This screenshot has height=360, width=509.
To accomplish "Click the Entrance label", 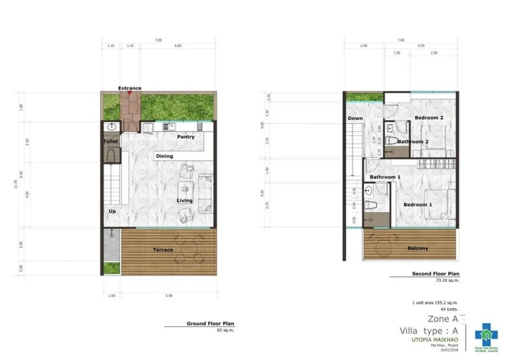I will pos(130,88).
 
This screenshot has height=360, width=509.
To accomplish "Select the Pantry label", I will pos(186,137).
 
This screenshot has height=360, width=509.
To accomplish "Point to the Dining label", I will pos(164,156).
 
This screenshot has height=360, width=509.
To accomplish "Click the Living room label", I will pos(185,201).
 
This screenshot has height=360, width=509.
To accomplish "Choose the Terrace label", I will pos(163,250).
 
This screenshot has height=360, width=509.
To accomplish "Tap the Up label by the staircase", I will pos(113,211).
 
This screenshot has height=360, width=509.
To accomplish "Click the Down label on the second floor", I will pos(355,118).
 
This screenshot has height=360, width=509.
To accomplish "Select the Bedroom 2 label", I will pos(428,118).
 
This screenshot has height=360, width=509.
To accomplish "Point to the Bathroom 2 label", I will pos(413,142).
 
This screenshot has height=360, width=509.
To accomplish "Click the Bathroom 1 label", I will pos(386,177).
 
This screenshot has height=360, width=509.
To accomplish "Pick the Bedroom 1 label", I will pos(417,205).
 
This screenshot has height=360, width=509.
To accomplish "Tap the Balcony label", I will pos(417,248).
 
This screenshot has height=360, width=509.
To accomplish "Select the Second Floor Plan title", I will pos(436,274).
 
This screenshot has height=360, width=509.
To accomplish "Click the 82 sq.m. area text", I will pos(226,331).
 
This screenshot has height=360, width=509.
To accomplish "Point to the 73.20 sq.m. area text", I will pos(447,280).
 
